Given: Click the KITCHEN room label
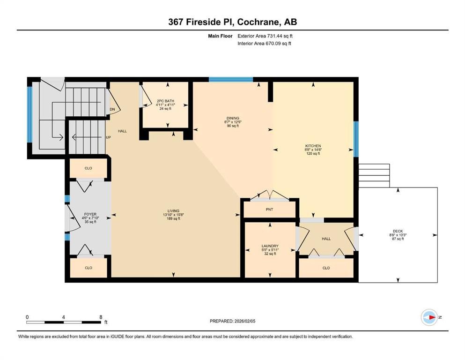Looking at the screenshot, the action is click(313, 146).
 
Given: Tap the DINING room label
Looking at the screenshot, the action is click(233, 118).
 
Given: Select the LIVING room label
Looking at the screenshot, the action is click(173, 211).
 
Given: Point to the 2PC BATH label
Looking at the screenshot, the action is click(165, 101).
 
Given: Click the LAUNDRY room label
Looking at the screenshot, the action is click(270, 246).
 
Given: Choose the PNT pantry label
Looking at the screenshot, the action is click(269, 210).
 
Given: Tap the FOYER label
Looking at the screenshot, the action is click(90, 214).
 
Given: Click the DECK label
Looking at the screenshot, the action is click(398, 231).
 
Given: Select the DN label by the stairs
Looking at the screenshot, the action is click(112, 110).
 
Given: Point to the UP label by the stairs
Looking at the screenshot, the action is click(109, 137).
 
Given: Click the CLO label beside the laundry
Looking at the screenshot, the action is click(326, 268).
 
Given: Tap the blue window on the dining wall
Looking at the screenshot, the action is click(231, 79).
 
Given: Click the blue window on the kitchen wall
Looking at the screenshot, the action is click(356, 139).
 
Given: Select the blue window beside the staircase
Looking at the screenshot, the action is click(30, 114).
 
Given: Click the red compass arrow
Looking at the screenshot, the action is click(432, 317).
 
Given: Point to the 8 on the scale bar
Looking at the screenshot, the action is click(101, 317).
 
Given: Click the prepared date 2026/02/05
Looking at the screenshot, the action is click(244, 321).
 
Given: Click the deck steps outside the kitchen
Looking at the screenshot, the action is click(374, 175).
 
